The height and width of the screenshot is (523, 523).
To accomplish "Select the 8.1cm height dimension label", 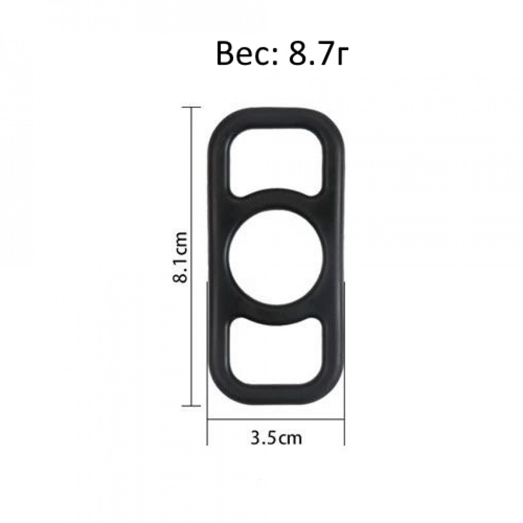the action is (x=181, y=257).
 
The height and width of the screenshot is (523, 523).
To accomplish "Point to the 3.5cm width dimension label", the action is (x=276, y=438).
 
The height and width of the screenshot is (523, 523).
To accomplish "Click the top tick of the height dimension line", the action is (x=191, y=107).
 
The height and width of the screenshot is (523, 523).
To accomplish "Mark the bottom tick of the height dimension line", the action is (x=191, y=406).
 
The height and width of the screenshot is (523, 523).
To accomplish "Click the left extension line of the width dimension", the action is (x=207, y=363).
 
